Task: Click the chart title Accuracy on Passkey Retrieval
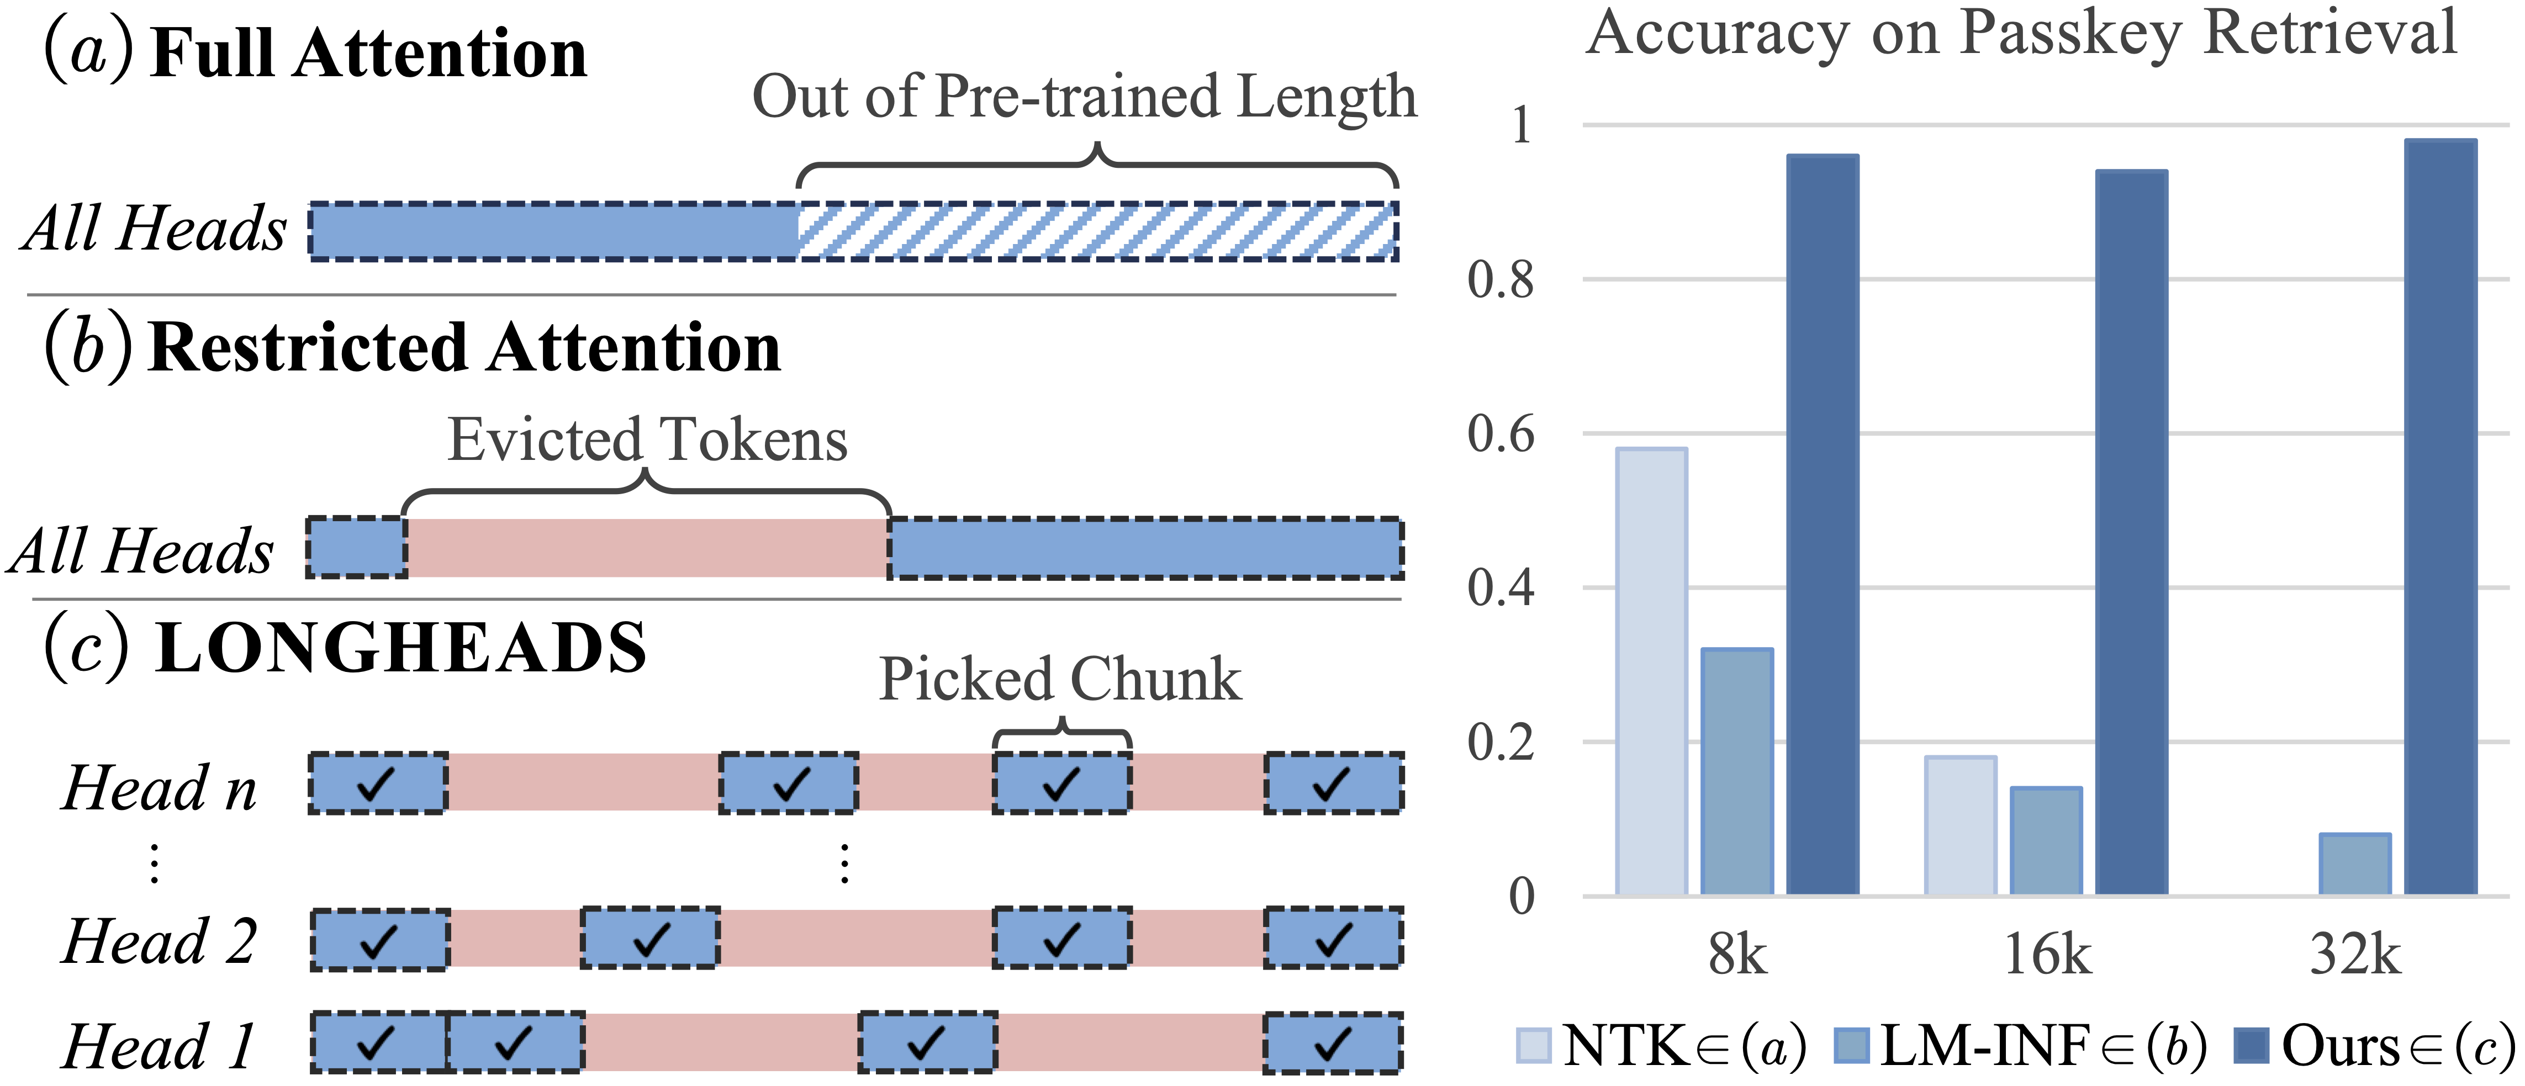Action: click(2021, 34)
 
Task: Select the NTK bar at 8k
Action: click(1652, 671)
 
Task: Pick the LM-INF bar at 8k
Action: click(1737, 771)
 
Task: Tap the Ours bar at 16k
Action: click(2132, 532)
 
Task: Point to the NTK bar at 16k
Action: click(1961, 825)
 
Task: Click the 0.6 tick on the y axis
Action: click(1501, 433)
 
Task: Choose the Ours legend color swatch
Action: click(2253, 1045)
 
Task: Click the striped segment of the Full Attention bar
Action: click(1098, 231)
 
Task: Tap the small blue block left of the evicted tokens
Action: click(357, 547)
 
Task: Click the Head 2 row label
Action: click(159, 941)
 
